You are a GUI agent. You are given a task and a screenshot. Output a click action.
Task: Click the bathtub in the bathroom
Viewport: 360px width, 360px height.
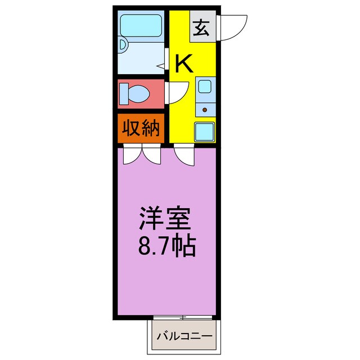click(141, 26)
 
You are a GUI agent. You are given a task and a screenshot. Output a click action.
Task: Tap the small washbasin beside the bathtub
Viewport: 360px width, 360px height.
click(123, 45)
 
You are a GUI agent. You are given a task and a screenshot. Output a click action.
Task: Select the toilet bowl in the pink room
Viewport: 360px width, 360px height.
click(139, 94)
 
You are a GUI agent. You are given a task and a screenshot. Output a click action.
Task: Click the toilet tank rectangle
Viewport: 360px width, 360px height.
click(124, 94)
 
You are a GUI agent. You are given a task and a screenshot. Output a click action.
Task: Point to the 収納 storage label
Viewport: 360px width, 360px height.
click(141, 128)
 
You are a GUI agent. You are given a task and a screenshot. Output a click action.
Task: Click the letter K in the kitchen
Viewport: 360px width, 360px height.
click(183, 63)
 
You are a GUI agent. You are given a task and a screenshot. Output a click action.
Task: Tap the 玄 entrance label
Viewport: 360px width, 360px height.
click(201, 28)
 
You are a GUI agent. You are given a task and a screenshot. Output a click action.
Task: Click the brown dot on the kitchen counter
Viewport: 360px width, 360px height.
click(205, 110)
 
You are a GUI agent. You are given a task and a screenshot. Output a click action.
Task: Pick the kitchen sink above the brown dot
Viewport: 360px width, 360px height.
click(205, 86)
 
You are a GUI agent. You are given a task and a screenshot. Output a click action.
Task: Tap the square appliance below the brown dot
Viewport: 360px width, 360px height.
click(204, 132)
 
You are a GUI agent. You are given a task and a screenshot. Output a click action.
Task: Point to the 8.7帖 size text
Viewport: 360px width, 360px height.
click(167, 245)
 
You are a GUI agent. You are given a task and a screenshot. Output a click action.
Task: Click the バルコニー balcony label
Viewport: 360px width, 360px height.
click(184, 336)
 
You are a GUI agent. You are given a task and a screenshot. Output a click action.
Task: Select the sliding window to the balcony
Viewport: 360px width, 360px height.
click(183, 318)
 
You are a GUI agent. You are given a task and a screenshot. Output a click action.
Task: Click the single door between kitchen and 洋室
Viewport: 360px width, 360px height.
click(184, 155)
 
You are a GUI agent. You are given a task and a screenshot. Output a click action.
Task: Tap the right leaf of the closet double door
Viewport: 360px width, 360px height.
click(152, 154)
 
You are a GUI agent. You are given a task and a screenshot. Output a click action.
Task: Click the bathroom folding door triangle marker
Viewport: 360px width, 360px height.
click(161, 66)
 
